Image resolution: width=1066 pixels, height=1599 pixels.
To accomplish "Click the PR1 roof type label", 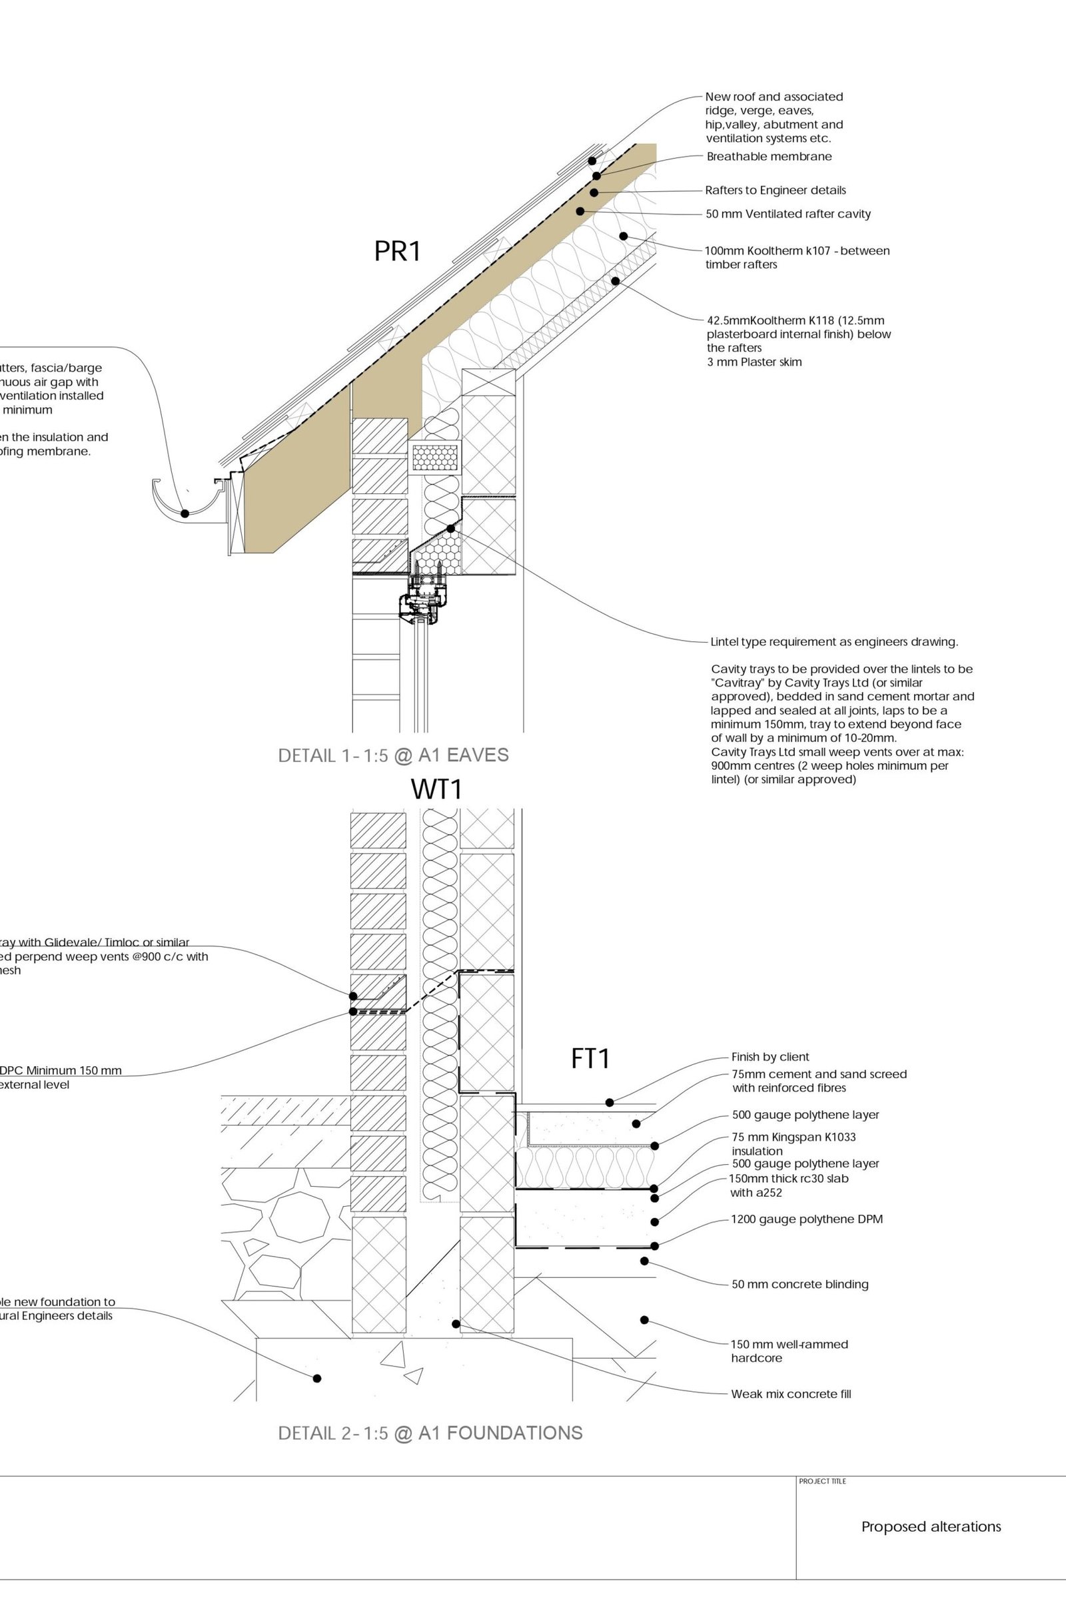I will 398,252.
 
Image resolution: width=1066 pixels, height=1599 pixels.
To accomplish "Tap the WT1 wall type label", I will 436,789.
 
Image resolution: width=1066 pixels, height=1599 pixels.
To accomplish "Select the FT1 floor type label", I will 590,1059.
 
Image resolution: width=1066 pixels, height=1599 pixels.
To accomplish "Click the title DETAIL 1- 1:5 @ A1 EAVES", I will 393,755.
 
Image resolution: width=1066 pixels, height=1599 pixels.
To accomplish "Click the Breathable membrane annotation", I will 768,157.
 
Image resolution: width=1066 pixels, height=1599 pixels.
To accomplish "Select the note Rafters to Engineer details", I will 775,190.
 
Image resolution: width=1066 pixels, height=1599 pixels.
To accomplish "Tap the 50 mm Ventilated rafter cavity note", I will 788,214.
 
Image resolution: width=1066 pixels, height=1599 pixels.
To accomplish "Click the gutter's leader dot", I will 185,513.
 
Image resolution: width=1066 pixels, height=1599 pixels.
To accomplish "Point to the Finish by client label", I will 770,1057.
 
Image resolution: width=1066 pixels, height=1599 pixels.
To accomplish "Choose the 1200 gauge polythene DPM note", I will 806,1219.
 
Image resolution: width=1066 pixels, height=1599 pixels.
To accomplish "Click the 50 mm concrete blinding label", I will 799,1285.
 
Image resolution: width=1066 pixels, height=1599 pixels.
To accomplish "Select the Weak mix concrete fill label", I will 791,1394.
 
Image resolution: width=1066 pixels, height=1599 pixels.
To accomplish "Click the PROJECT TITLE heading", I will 822,1481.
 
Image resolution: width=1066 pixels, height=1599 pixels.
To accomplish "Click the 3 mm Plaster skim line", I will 754,362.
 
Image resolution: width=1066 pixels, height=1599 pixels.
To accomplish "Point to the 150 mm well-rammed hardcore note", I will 789,1351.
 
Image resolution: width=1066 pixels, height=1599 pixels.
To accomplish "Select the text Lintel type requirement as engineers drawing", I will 833,641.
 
